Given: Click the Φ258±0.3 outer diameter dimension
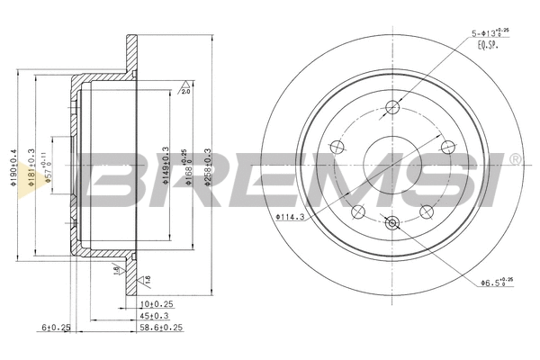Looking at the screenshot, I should (x=210, y=165).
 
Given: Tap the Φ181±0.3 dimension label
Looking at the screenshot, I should (x=32, y=166).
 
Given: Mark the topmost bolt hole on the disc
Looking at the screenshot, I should (x=391, y=109).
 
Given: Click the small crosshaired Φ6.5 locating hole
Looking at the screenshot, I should (x=391, y=223).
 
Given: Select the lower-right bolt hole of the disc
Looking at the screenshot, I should (x=427, y=212).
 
